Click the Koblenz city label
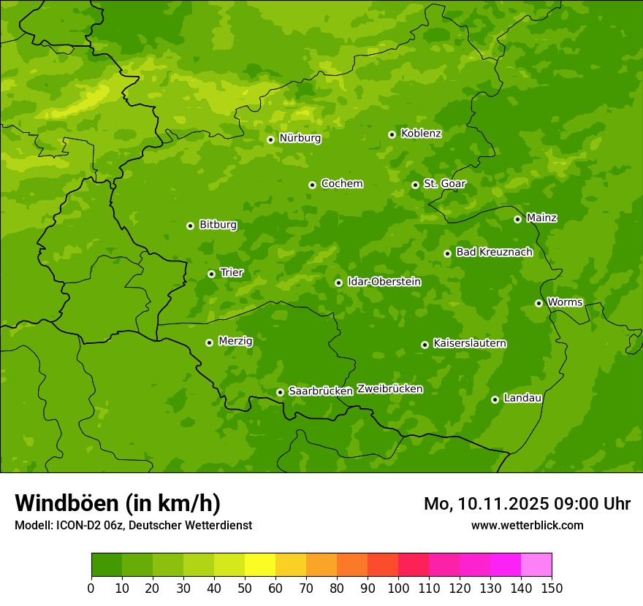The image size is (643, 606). [x=421, y=134]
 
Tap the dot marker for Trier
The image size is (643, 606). [x=212, y=274]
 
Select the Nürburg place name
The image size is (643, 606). [x=300, y=138]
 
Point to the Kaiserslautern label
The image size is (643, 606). [x=470, y=343]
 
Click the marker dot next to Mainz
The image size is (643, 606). [x=517, y=219]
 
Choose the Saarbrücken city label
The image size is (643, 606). [x=321, y=391]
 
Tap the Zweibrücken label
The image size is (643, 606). [x=389, y=389]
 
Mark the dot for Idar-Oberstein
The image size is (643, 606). [x=338, y=283]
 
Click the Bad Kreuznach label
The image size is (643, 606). [x=494, y=252]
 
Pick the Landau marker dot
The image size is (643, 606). [x=495, y=399]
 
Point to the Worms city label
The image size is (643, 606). [x=565, y=302]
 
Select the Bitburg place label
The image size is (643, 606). [x=218, y=225]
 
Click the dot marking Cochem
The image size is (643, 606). [x=312, y=185]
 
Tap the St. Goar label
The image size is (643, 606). [x=444, y=183]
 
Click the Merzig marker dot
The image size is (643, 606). [x=209, y=342]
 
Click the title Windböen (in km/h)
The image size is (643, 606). [x=117, y=503]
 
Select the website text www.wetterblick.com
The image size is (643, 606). [x=527, y=525]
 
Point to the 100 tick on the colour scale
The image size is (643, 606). [x=398, y=588]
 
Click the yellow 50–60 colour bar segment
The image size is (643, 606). [x=260, y=565]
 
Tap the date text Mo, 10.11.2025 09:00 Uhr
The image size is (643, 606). [x=527, y=504]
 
